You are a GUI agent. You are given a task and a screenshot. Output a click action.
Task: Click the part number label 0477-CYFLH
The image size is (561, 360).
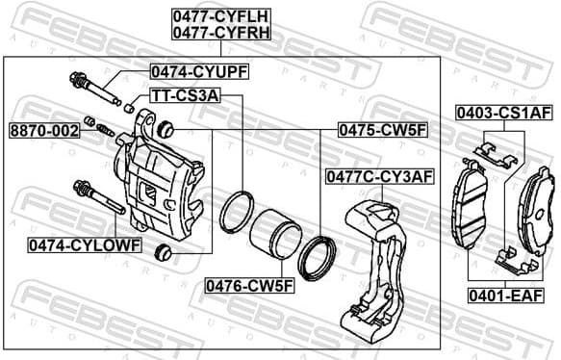[x=220, y=15]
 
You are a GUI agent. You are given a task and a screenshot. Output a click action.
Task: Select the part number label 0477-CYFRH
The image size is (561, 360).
[x=220, y=32]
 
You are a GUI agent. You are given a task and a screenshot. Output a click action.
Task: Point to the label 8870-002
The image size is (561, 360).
[x=44, y=129]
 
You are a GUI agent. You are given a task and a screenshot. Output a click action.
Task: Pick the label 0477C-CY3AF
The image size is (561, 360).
[x=380, y=176]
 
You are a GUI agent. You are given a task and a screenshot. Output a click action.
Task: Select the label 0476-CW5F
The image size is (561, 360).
[x=249, y=286]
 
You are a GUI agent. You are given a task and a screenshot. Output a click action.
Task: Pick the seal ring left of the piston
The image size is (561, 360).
[x=236, y=212]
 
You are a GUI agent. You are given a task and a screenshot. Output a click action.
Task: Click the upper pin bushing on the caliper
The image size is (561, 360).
[x=165, y=127]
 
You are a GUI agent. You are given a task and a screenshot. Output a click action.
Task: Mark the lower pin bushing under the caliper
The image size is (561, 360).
[x=163, y=252]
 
